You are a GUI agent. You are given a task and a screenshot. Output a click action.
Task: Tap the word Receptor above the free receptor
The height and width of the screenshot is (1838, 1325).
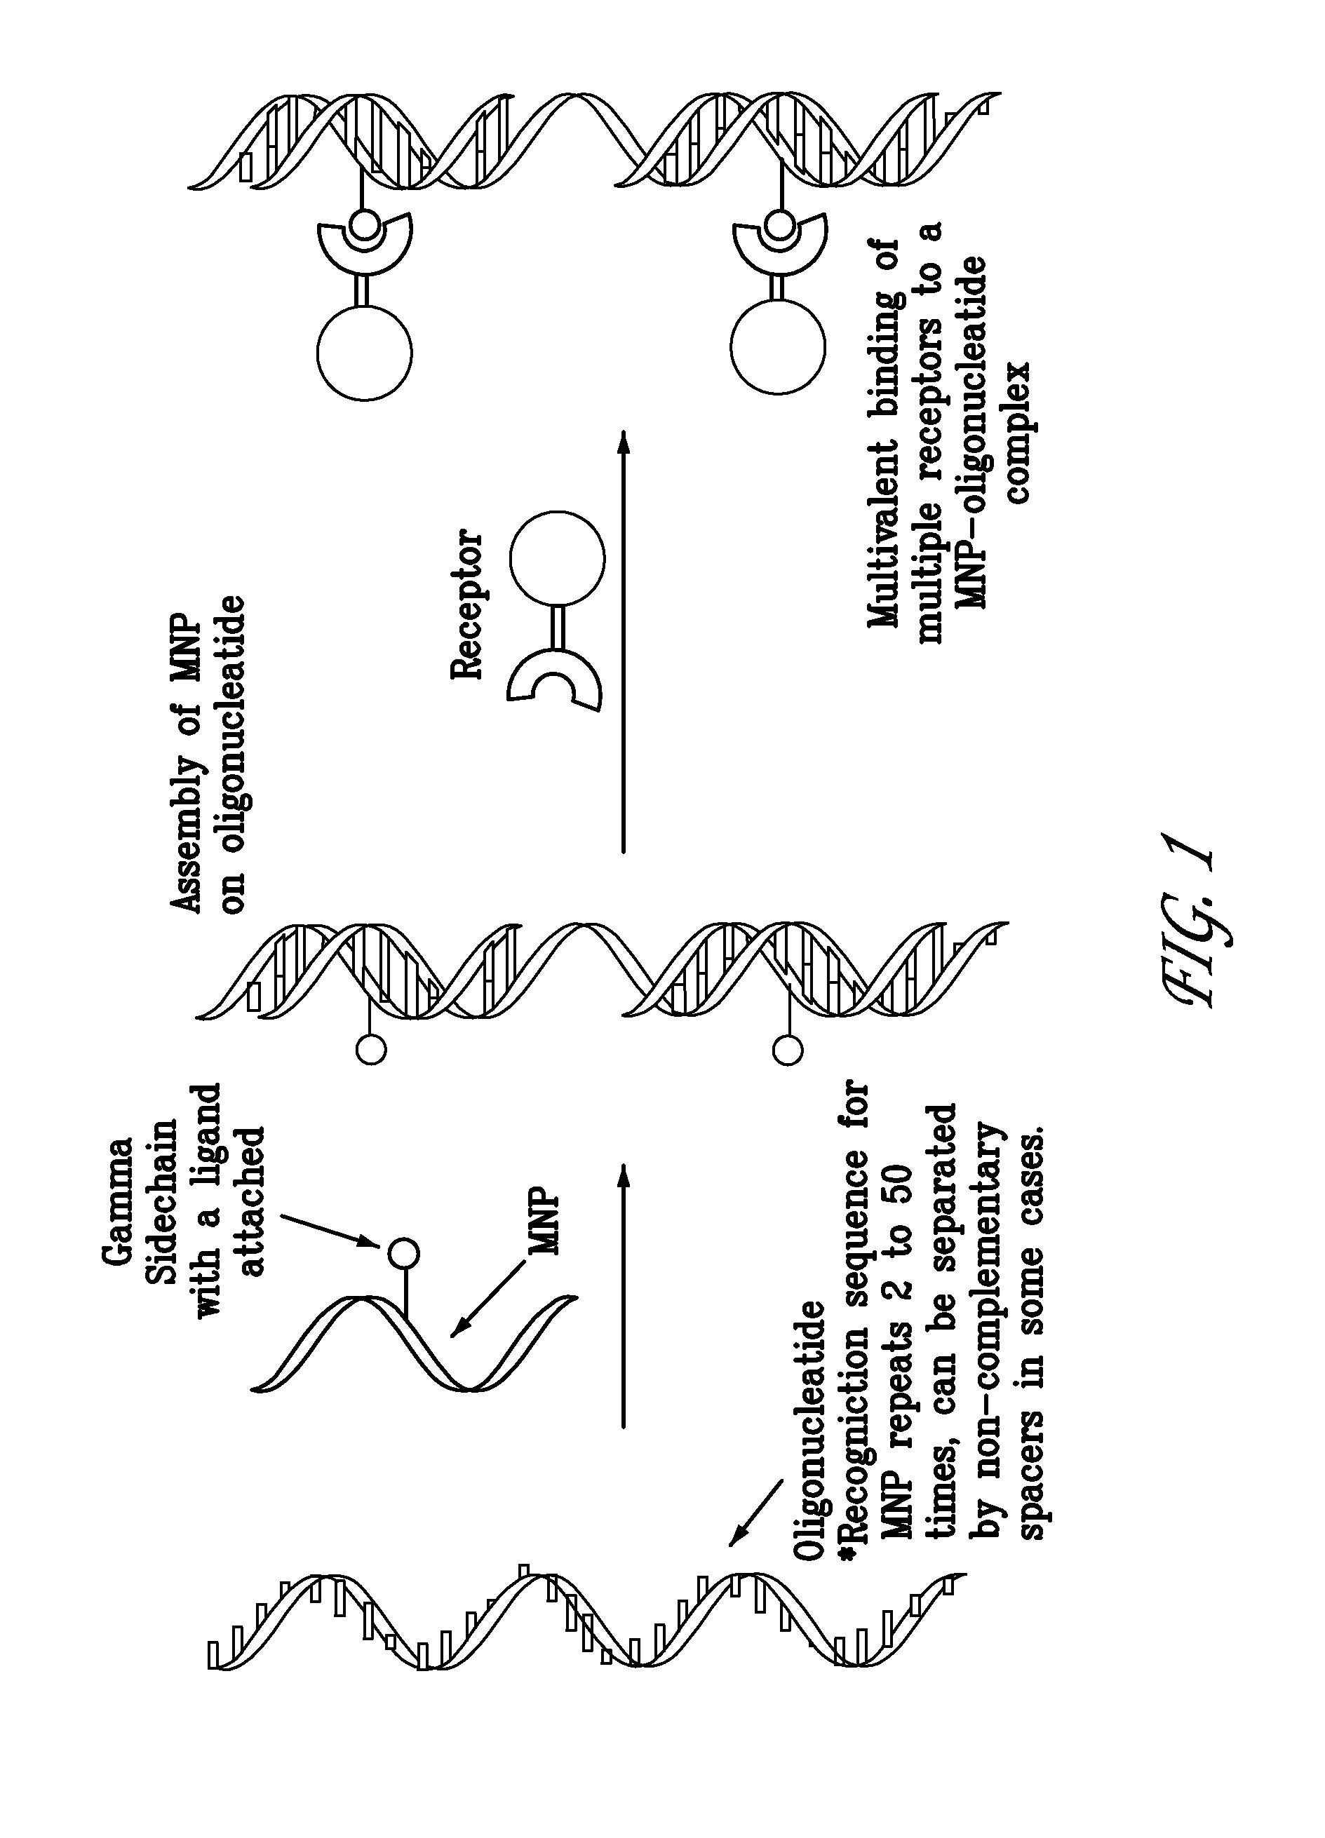point(466,604)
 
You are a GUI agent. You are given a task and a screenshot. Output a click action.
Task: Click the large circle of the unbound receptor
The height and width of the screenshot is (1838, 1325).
point(557,558)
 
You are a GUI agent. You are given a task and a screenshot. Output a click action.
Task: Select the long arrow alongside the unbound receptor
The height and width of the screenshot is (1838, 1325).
point(622,641)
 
